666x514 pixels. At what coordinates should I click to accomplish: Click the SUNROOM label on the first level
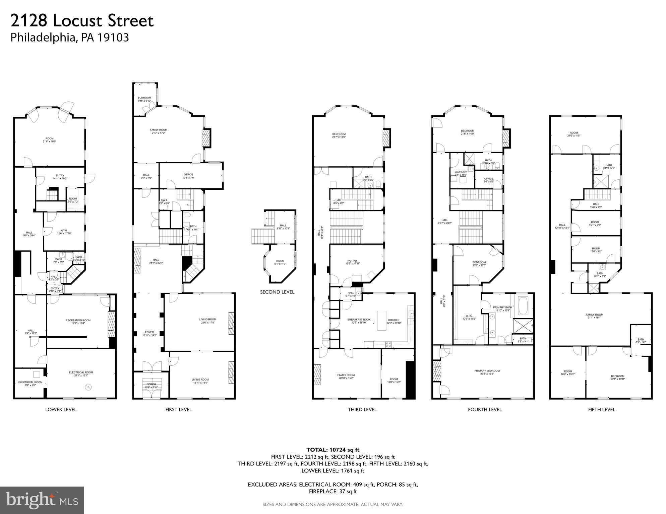pyautogui.click(x=144, y=98)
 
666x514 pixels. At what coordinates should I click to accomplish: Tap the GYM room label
pyautogui.click(x=64, y=231)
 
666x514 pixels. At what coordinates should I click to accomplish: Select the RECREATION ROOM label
pyautogui.click(x=78, y=320)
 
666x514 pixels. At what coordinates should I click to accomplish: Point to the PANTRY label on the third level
pyautogui.click(x=352, y=261)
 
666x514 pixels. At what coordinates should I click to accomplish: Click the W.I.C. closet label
pyautogui.click(x=469, y=315)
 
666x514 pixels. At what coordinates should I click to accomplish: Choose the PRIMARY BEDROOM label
pyautogui.click(x=487, y=371)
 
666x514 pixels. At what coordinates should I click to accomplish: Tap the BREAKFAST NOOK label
pyautogui.click(x=357, y=320)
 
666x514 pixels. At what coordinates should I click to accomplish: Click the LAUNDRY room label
pyautogui.click(x=461, y=172)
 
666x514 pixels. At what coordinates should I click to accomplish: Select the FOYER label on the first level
pyautogui.click(x=149, y=332)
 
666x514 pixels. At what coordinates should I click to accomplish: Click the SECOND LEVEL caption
pyautogui.click(x=277, y=292)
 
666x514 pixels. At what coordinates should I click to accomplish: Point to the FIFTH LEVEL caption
pyautogui.click(x=602, y=409)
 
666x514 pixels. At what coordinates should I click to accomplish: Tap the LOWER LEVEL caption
pyautogui.click(x=61, y=409)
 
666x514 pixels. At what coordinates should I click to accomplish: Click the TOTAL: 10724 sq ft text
pyautogui.click(x=333, y=450)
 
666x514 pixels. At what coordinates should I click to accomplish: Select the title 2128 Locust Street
pyautogui.click(x=82, y=21)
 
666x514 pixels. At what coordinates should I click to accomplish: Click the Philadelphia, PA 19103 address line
pyautogui.click(x=70, y=37)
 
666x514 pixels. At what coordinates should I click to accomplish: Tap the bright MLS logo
pyautogui.click(x=42, y=500)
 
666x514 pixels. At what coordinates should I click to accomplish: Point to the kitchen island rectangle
pyautogui.click(x=381, y=321)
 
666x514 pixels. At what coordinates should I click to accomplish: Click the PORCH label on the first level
pyautogui.click(x=151, y=384)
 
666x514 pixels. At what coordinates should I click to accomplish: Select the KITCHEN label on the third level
pyautogui.click(x=394, y=320)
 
